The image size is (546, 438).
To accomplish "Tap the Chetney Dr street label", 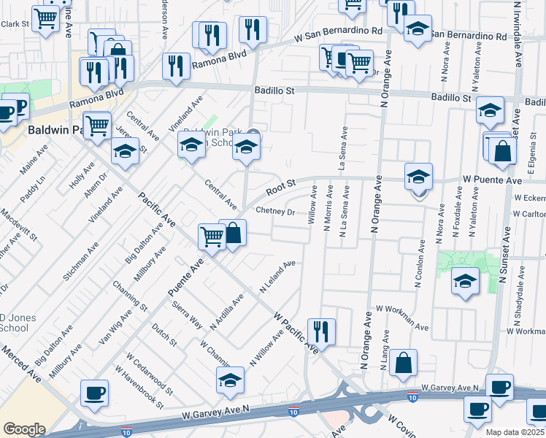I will coord(275,212).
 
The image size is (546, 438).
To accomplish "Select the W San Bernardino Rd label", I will coord(338,33).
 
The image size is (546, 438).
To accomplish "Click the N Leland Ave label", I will coord(278,277).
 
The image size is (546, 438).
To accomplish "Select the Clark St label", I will coord(15,24).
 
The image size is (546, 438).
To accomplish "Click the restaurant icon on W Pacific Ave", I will coord(320,330).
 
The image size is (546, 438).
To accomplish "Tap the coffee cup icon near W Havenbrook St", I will coord(94,393).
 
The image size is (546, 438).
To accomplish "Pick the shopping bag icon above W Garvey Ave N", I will coord(403,362).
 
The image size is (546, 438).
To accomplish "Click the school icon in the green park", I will coord(465,280).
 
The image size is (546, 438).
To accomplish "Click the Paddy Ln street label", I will coord(33,190).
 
